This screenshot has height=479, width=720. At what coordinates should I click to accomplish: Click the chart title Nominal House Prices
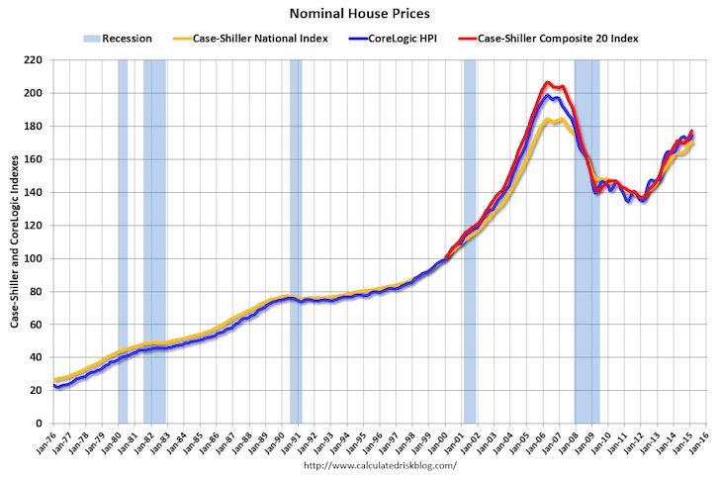[359, 16]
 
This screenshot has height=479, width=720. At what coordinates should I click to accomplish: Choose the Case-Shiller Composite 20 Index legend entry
[548, 39]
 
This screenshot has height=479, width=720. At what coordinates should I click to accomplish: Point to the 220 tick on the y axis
[34, 60]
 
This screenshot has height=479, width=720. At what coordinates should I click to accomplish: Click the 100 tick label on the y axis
[34, 258]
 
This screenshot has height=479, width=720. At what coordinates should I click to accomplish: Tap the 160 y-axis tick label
[34, 159]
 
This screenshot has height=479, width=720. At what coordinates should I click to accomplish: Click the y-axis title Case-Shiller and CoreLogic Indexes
[14, 241]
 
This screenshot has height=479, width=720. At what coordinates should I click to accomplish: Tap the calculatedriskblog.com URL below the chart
[380, 465]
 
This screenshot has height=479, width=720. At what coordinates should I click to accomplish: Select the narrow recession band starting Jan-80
[123, 241]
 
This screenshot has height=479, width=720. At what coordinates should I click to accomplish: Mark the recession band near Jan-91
[296, 241]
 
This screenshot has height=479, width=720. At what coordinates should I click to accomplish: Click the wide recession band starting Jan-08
[586, 241]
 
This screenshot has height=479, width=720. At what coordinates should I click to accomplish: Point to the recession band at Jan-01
[470, 241]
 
